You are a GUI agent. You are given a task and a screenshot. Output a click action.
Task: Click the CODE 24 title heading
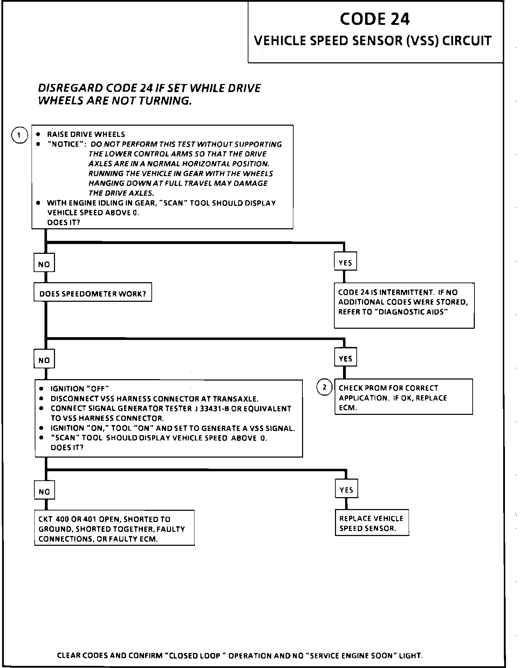click(375, 19)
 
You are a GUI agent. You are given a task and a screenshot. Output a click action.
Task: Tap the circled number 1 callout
click(20, 135)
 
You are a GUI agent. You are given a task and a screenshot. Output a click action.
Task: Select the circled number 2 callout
click(324, 387)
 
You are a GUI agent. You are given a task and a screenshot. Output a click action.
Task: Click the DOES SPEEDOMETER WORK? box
click(93, 293)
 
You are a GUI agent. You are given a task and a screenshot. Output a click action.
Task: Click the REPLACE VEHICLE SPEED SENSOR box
click(371, 523)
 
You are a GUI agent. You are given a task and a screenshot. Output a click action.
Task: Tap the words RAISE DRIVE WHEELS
click(86, 134)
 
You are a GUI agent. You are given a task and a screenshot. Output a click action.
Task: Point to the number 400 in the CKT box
click(62, 519)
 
